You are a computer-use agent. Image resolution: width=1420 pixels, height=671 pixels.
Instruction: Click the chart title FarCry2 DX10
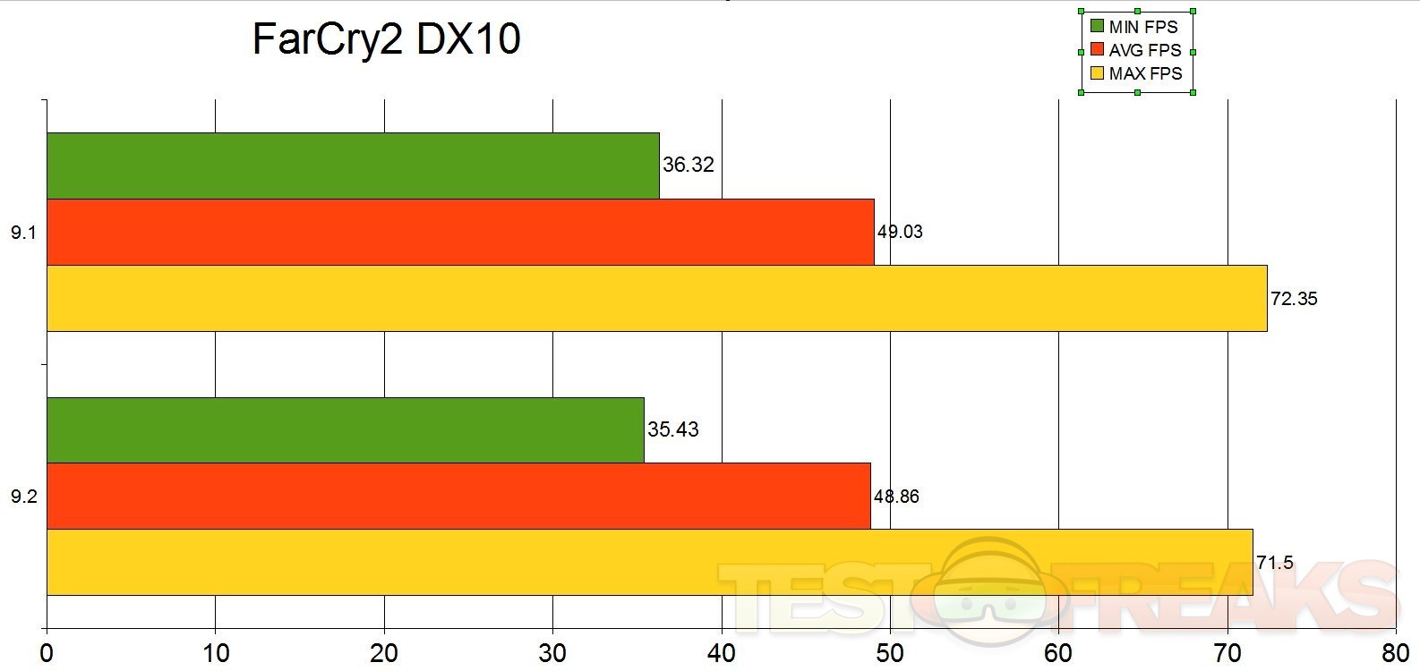coord(386,40)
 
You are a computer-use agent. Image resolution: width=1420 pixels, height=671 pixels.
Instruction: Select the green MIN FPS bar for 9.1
coord(353,166)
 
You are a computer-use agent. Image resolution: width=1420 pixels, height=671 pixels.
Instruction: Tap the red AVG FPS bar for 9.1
coord(460,232)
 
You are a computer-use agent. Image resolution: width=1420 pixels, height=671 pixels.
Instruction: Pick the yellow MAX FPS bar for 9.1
coord(656,298)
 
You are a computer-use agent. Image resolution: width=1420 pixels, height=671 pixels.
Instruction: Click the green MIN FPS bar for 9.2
coord(345,430)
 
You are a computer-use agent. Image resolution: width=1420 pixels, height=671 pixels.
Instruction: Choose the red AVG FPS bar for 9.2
coord(458,497)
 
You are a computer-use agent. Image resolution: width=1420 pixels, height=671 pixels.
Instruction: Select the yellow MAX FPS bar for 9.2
coord(649,562)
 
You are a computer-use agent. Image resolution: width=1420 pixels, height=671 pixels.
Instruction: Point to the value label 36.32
coord(689,165)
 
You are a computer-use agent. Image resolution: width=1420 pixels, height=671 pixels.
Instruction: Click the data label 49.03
coord(900,232)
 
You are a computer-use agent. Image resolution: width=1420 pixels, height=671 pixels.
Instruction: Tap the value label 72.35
coord(1294,299)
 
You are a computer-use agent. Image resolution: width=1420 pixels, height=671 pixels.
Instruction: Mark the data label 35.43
coord(673,429)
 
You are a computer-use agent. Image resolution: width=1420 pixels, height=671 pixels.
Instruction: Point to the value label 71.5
coord(1275,563)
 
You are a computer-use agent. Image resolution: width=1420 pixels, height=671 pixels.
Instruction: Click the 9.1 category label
coord(23,233)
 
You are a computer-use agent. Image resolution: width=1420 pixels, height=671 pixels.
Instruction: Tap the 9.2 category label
coord(23,497)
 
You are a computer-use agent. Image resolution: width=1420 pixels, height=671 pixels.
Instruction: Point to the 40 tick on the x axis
coord(722,653)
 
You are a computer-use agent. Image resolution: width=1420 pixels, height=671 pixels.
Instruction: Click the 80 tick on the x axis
coord(1395,653)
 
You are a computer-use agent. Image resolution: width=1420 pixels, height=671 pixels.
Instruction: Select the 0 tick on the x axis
coord(47,653)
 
